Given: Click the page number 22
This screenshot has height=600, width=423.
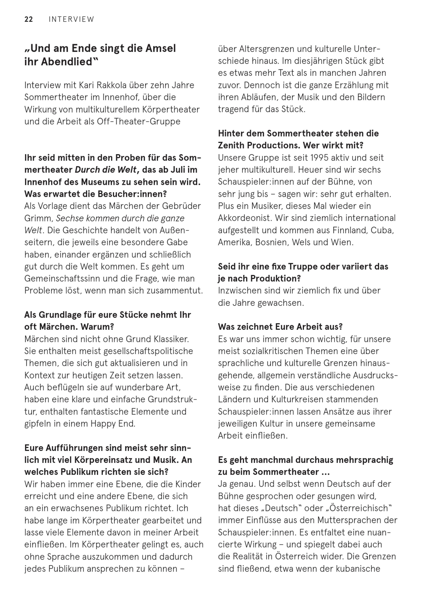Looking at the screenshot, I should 29,19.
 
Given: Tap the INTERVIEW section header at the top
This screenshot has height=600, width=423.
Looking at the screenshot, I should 71,19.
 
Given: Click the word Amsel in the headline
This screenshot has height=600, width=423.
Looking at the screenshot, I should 161,48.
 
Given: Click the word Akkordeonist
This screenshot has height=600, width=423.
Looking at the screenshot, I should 244,218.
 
